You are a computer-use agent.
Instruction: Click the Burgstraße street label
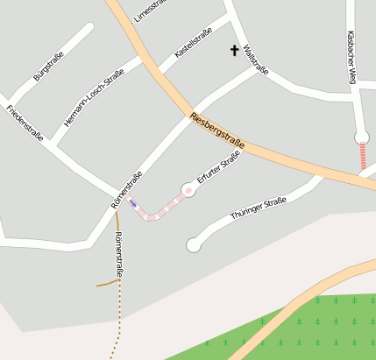click(49, 66)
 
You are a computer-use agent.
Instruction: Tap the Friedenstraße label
click(25, 123)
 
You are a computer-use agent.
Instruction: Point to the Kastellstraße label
click(194, 41)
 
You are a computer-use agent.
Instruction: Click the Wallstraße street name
click(256, 60)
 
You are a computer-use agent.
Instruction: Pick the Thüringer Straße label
click(259, 208)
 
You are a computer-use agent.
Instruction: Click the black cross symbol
click(234, 51)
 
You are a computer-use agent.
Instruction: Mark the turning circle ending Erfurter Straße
click(188, 189)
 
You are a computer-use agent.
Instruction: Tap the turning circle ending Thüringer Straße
click(194, 245)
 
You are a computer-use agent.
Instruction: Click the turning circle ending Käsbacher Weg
click(361, 137)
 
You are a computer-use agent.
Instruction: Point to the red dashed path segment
click(362, 157)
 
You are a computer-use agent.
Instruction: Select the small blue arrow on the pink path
click(133, 203)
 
